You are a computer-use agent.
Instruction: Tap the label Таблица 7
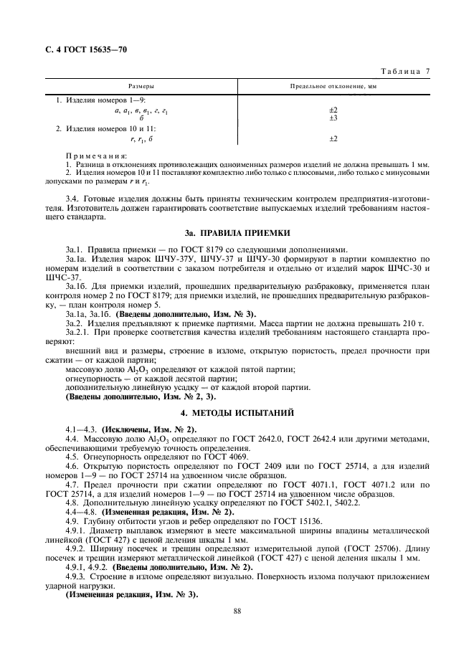pyautogui.click(x=407, y=72)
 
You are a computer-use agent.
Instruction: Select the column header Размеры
pyautogui.click(x=142, y=85)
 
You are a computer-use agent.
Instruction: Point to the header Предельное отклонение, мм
pyautogui.click(x=333, y=85)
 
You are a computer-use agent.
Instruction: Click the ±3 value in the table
pyautogui.click(x=333, y=117)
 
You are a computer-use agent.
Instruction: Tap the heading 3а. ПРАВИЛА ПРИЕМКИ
pyautogui.click(x=237, y=232)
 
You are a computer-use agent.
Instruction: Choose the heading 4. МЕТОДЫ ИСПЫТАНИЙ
pyautogui.click(x=237, y=414)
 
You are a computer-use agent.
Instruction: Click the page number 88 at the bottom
pyautogui.click(x=237, y=611)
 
